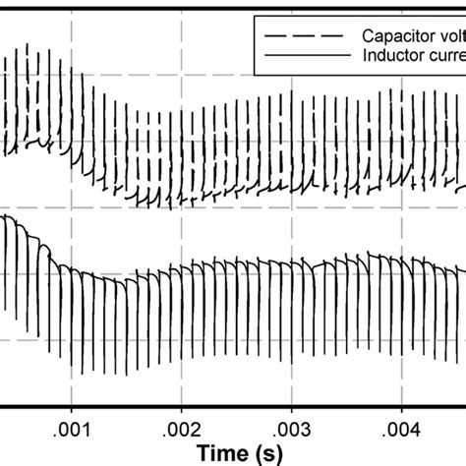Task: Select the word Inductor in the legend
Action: pos(390,58)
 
